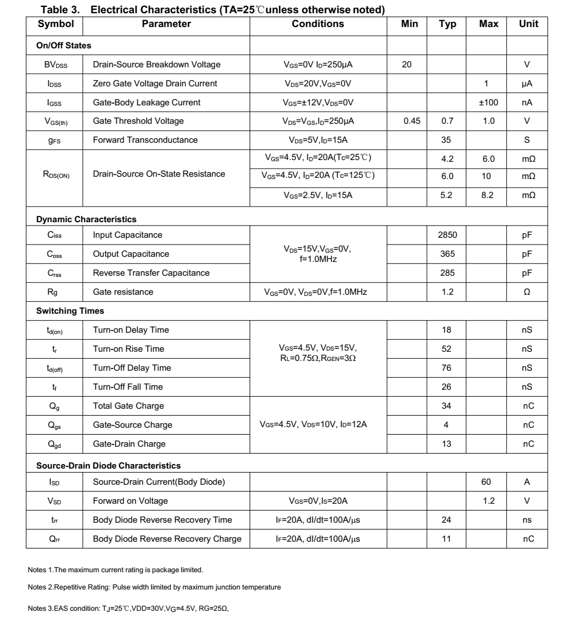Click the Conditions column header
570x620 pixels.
317,24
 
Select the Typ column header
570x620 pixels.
447,24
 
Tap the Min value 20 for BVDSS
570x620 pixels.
407,64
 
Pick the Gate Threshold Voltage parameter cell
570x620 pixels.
138,121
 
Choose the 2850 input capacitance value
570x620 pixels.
447,235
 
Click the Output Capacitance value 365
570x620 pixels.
447,254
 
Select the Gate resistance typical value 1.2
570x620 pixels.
447,292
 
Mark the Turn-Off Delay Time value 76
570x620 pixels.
447,368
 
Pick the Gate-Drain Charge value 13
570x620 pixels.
447,444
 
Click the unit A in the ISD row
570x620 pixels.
527,482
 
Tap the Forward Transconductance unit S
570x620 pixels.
527,140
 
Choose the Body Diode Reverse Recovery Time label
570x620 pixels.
162,520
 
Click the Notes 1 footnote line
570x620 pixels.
116,570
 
